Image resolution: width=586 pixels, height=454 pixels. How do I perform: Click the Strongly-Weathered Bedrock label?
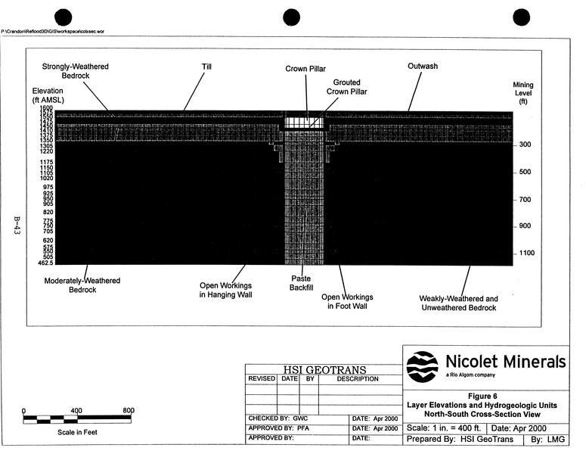click(x=76, y=72)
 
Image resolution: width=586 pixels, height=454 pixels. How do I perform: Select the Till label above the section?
click(x=206, y=67)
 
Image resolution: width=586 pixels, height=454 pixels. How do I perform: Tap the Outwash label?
click(x=423, y=67)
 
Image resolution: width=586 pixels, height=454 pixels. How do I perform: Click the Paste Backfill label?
click(x=302, y=283)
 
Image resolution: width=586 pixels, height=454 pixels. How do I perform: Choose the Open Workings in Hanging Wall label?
click(x=225, y=291)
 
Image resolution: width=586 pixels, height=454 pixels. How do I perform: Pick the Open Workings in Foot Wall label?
click(x=347, y=302)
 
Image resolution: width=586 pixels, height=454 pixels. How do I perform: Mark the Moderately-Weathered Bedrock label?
click(x=82, y=285)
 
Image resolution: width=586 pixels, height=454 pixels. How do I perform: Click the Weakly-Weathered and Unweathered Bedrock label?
click(x=459, y=303)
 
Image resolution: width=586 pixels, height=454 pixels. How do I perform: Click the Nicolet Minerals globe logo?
click(x=422, y=367)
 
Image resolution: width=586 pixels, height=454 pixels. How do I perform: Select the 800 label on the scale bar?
click(x=128, y=411)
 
